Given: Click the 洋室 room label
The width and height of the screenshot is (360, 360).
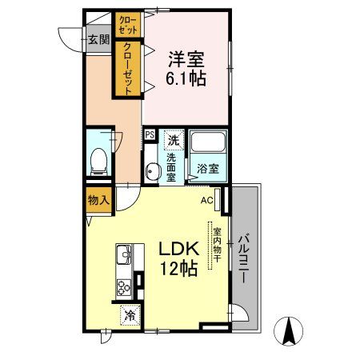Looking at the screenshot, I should pyautogui.click(x=185, y=59).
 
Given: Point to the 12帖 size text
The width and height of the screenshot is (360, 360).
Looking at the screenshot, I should pyautogui.click(x=178, y=270).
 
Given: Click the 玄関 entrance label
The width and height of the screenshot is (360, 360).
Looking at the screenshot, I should pyautogui.click(x=98, y=38).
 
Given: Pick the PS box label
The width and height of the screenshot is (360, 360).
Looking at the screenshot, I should pyautogui.click(x=150, y=135).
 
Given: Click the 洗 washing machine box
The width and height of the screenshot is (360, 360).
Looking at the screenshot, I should pyautogui.click(x=172, y=139).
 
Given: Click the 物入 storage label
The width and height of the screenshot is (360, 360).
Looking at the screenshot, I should pyautogui.click(x=99, y=200).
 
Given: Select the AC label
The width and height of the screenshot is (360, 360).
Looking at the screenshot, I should pyautogui.click(x=206, y=200).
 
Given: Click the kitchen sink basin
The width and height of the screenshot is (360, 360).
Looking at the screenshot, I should pyautogui.click(x=124, y=256).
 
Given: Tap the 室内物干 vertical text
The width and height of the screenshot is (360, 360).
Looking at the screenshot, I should pyautogui.click(x=216, y=245).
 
